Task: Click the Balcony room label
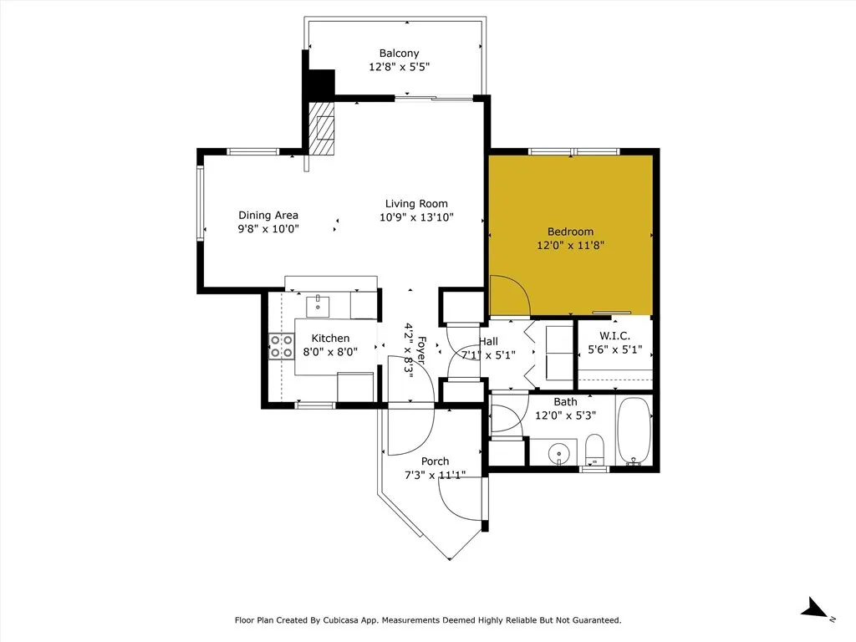pos(399,53)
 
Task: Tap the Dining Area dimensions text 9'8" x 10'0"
pos(268,229)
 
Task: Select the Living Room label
pos(416,204)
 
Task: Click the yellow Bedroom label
pos(570,232)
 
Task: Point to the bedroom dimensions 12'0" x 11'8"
pos(570,245)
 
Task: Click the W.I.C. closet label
pos(614,336)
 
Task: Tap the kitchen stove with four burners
pos(282,347)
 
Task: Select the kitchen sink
pos(318,306)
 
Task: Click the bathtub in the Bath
pos(634,431)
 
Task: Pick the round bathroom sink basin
pos(559,453)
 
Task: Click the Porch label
pos(435,461)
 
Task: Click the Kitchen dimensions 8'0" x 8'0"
pos(330,352)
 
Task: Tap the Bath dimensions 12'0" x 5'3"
pos(565,415)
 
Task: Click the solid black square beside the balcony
pos(322,83)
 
